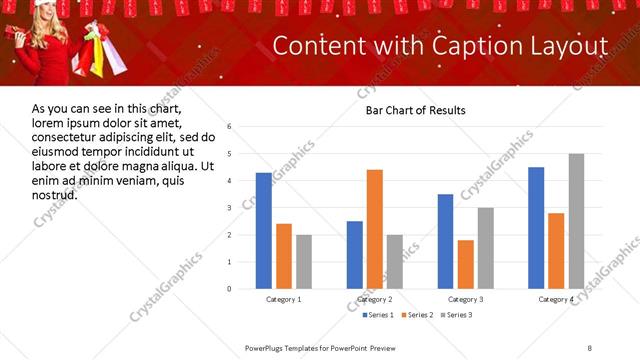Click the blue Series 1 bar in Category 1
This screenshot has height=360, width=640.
[x=264, y=231]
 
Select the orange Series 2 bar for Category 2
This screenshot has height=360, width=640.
[x=375, y=229]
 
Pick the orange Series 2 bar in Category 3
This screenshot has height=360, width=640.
[x=466, y=264]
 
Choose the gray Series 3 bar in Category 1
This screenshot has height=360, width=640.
[x=304, y=262]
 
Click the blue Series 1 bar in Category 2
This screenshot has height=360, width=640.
[x=355, y=255]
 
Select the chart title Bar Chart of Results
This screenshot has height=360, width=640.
[x=415, y=110]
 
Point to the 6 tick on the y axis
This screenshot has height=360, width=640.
[x=230, y=127]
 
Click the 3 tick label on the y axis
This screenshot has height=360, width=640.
[x=230, y=208]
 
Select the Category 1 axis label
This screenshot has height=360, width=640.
[x=284, y=300]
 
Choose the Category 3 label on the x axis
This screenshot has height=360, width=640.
[x=465, y=300]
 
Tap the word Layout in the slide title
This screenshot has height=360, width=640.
[x=570, y=46]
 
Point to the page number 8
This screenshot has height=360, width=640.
[x=589, y=347]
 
